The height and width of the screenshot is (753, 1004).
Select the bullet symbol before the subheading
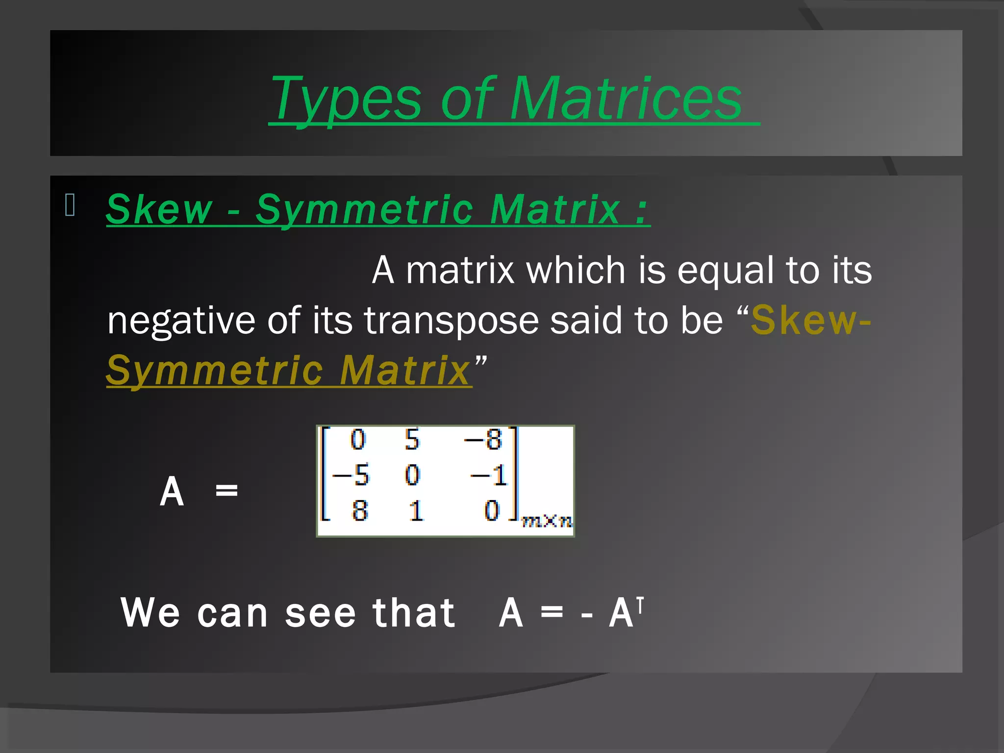(x=70, y=205)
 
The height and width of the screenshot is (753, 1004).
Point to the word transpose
(x=451, y=321)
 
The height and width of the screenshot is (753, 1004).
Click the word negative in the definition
(x=181, y=321)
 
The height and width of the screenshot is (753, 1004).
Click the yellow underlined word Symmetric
(x=214, y=371)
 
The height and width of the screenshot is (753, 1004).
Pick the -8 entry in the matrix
(x=484, y=439)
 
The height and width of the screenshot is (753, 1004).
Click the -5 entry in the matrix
(x=351, y=475)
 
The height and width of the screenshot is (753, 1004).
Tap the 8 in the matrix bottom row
(x=360, y=511)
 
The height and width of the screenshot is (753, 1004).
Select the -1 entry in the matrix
(x=489, y=475)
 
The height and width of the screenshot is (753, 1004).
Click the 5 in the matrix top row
(x=412, y=439)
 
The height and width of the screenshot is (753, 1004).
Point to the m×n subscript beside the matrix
(x=547, y=521)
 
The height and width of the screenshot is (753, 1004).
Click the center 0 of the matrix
(x=412, y=475)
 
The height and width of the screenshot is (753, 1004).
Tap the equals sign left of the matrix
(x=226, y=490)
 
